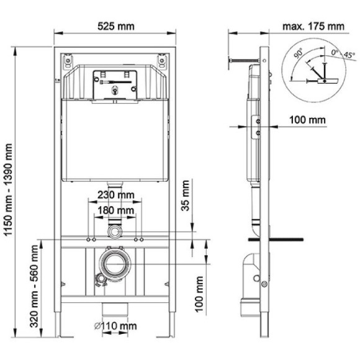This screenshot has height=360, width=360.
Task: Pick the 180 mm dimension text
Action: [116, 211]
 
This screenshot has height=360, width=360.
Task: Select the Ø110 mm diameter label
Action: [116, 326]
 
